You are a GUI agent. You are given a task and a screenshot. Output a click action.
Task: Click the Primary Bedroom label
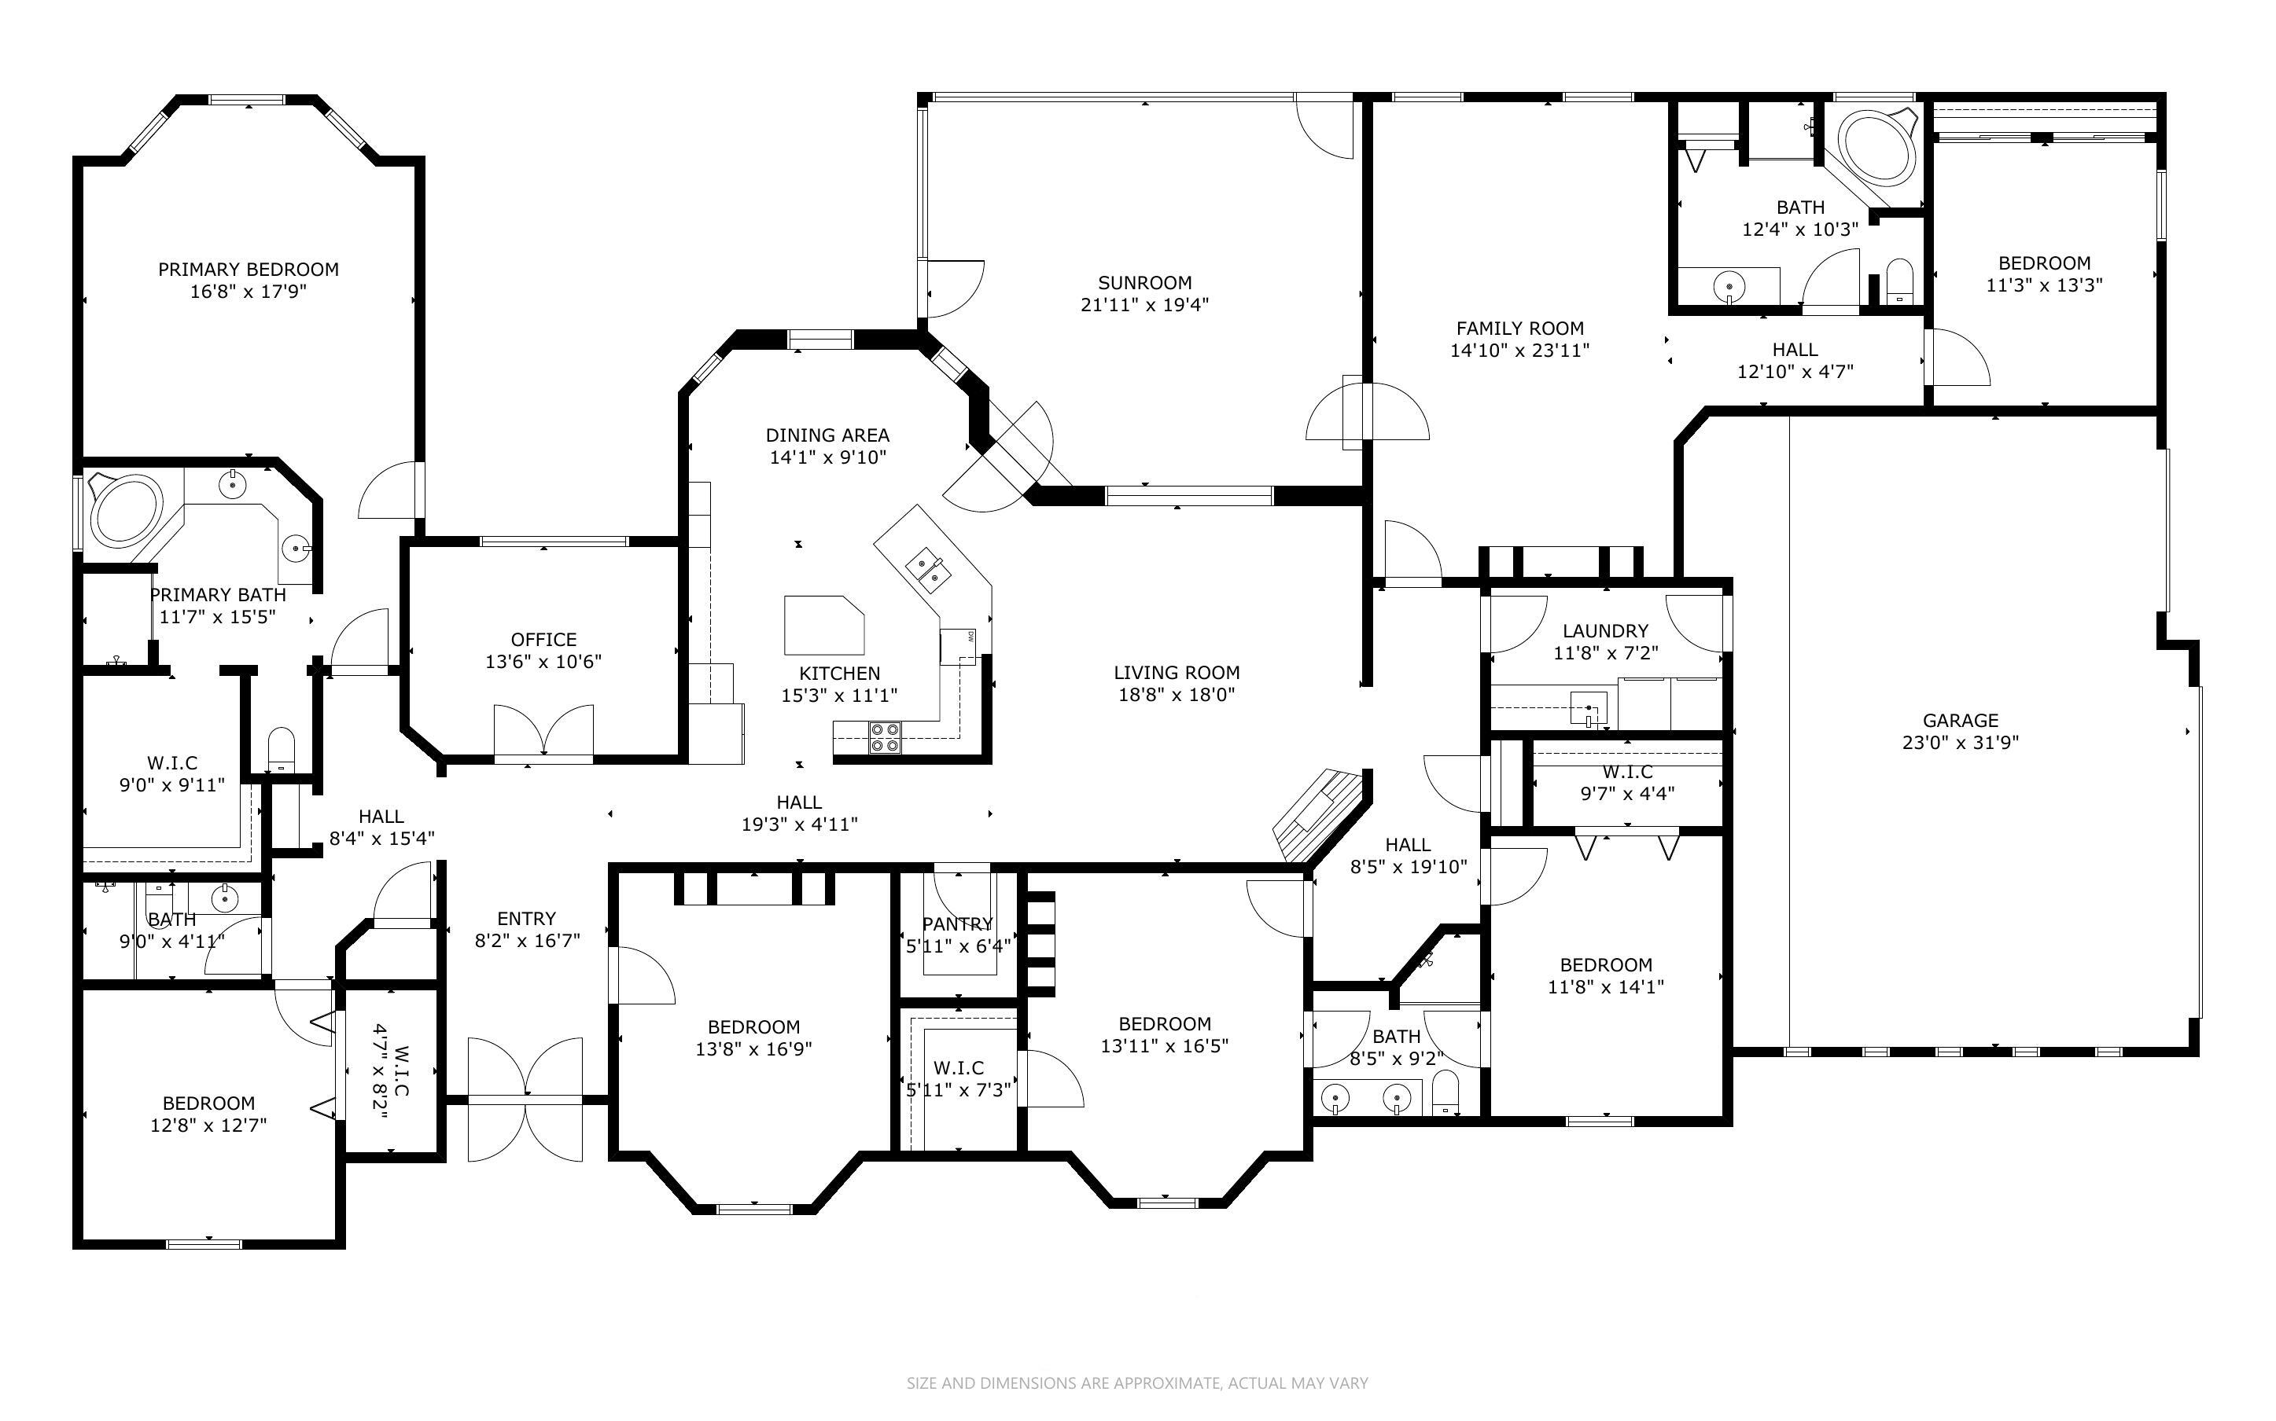(249, 270)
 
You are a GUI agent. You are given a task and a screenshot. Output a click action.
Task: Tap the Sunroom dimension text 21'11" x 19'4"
(1144, 304)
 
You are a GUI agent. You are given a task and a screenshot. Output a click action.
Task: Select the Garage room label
(1960, 721)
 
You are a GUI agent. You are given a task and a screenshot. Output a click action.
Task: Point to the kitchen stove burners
(884, 736)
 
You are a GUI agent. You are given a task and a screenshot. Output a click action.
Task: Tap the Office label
(543, 640)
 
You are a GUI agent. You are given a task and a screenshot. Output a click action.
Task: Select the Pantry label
(957, 923)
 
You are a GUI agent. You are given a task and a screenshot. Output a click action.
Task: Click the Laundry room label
(1605, 630)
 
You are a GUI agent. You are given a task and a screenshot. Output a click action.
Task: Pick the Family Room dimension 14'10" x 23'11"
(1519, 351)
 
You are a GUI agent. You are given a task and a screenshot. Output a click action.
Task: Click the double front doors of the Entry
(525, 1099)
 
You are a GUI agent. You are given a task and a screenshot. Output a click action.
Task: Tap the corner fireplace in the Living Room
(1318, 815)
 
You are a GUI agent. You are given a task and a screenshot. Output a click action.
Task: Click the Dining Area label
(827, 435)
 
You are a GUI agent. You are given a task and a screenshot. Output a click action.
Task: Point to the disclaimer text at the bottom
(1137, 1383)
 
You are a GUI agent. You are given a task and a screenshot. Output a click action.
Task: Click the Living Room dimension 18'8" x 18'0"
(1176, 696)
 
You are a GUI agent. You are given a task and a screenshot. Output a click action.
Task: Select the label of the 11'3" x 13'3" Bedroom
(2044, 263)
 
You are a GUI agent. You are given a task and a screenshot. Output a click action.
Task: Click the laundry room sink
(1589, 710)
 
